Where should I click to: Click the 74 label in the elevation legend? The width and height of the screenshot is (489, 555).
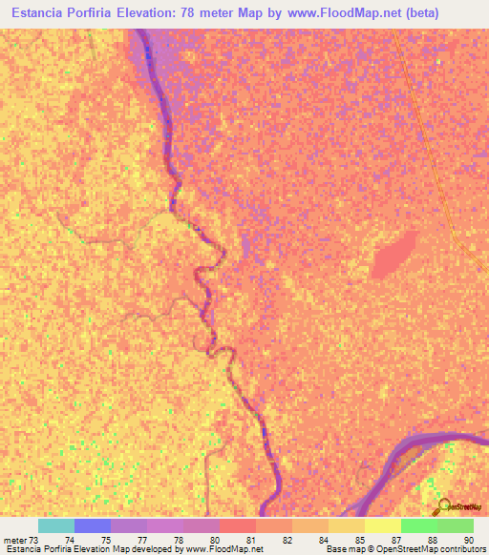tap(70, 540)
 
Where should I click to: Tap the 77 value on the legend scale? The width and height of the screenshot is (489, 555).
tap(142, 540)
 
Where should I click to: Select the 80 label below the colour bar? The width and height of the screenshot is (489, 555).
tap(215, 540)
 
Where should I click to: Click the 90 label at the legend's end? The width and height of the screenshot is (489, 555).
tap(466, 540)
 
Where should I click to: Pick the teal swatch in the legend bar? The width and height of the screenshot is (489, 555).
tap(56, 525)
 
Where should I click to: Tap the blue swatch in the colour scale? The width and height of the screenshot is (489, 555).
tap(93, 525)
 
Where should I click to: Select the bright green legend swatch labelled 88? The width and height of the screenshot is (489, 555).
tap(419, 525)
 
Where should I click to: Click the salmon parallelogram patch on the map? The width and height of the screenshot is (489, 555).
tap(393, 255)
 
